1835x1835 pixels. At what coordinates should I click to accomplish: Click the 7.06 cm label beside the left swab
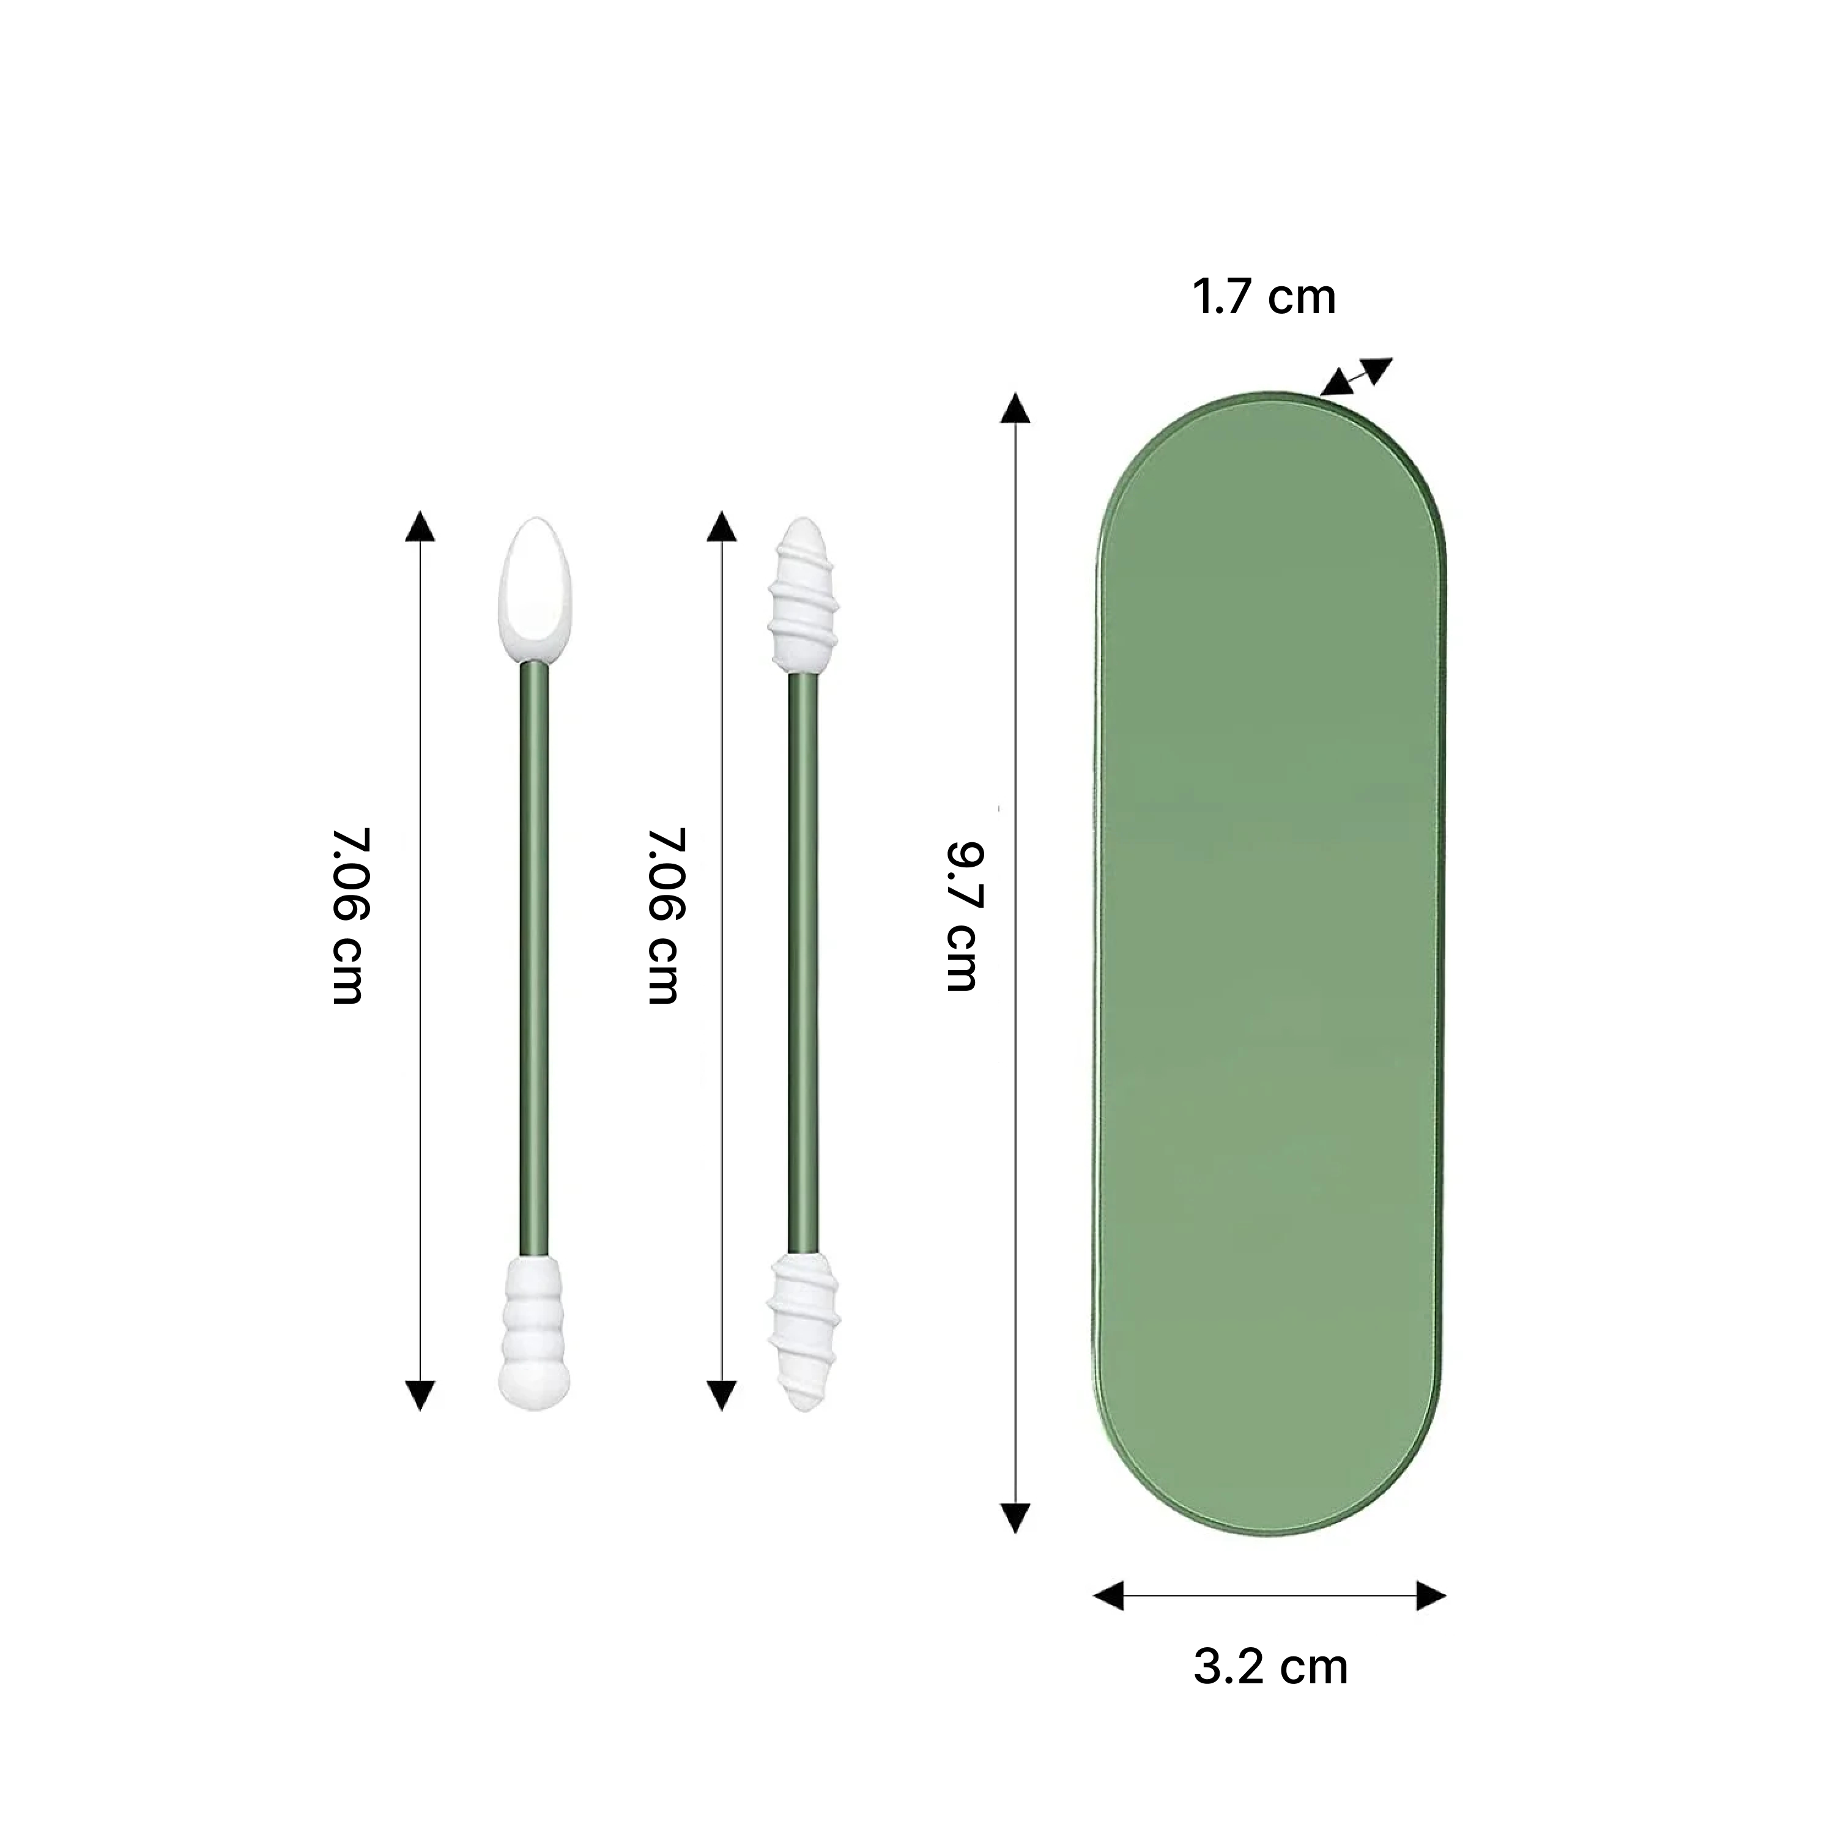[349, 916]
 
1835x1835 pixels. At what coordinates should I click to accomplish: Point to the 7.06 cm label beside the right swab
[665, 916]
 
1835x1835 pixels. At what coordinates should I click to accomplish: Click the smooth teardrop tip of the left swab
[536, 589]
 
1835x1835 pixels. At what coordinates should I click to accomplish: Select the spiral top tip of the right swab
[803, 596]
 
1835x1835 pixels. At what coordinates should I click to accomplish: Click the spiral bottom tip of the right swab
[803, 1330]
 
